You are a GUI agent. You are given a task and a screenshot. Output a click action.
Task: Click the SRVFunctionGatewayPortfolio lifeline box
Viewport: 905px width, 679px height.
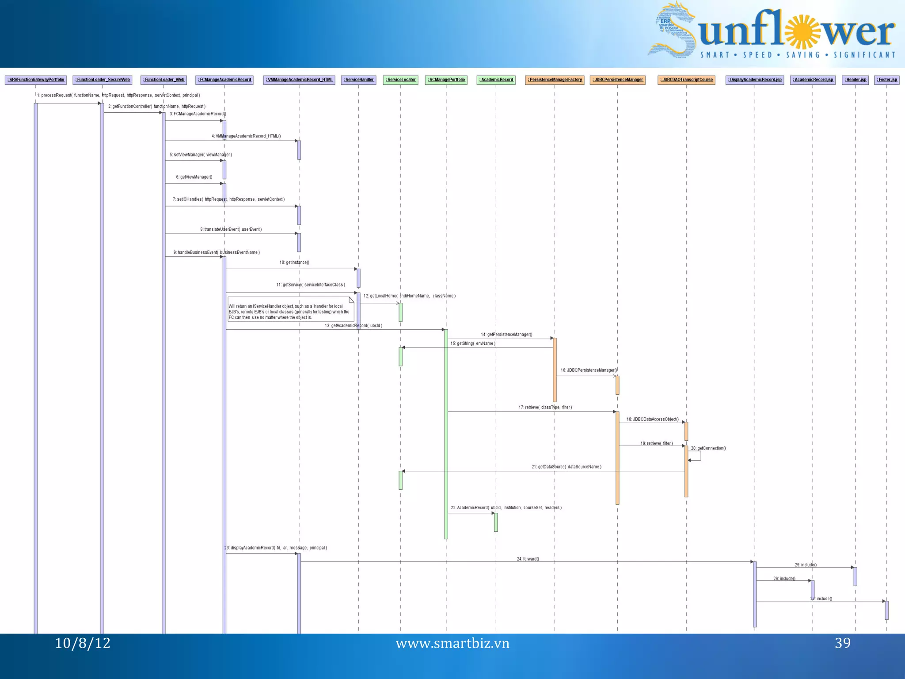click(36, 80)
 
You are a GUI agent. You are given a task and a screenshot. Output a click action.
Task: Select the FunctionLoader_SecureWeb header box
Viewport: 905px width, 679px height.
click(103, 80)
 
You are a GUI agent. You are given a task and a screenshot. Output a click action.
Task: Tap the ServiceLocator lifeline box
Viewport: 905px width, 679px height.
click(400, 80)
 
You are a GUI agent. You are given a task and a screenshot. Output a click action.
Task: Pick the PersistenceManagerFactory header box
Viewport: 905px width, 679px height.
click(555, 80)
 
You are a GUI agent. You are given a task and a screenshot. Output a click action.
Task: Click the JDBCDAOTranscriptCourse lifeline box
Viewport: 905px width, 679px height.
click(686, 80)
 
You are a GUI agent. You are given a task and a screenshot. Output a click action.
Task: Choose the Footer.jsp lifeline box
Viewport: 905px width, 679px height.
click(886, 80)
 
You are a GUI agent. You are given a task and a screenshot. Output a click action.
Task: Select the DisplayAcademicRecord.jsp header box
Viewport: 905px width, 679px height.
click(755, 80)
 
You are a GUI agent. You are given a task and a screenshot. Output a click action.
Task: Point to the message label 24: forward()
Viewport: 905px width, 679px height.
click(528, 559)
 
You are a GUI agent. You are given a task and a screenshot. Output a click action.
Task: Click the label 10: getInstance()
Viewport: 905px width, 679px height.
click(294, 263)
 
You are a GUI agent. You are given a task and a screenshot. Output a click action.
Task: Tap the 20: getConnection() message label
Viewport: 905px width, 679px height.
click(708, 448)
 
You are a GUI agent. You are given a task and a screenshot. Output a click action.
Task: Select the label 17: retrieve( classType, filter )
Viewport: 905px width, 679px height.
click(545, 408)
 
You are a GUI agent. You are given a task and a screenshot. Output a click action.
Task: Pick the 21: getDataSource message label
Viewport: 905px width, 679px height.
click(566, 467)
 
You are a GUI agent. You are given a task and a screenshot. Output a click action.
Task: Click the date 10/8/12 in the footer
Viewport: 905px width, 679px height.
click(83, 643)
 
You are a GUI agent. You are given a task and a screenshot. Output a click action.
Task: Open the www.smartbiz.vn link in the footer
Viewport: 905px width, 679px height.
click(452, 644)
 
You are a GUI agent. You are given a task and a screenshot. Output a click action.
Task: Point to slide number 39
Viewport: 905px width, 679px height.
click(842, 643)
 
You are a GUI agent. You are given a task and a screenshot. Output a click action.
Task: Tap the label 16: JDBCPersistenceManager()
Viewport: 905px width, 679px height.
click(589, 370)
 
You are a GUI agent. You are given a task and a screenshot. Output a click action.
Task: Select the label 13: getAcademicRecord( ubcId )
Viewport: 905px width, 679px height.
click(354, 326)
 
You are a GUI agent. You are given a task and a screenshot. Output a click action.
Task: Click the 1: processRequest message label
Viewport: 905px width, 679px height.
click(118, 95)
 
